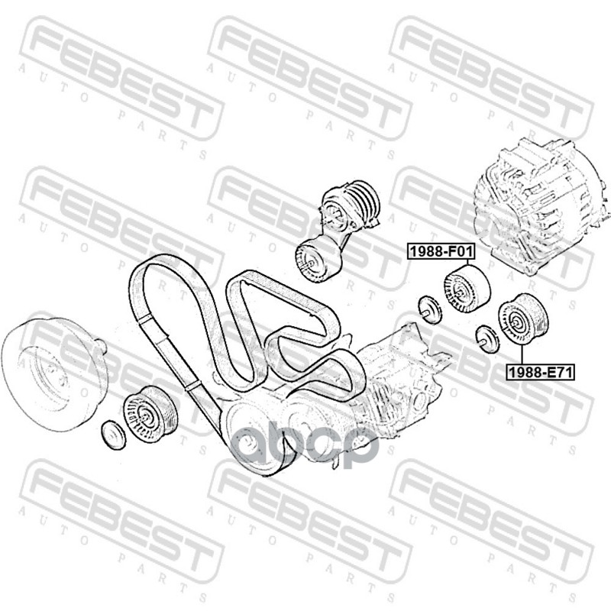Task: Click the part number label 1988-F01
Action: [x=441, y=252]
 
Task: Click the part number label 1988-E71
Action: [x=541, y=372]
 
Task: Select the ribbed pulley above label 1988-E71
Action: [x=523, y=318]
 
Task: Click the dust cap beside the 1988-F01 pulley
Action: [x=429, y=309]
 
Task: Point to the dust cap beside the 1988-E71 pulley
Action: [x=487, y=338]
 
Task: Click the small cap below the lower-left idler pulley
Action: [x=113, y=435]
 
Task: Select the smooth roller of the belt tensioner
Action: [x=318, y=258]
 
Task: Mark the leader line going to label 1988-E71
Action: [x=522, y=354]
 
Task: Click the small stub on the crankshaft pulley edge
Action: [x=100, y=346]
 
